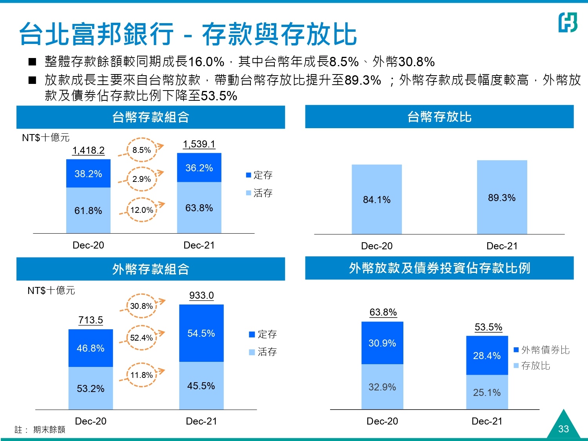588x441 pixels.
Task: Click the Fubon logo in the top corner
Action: [568, 22]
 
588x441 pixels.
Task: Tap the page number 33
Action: [563, 428]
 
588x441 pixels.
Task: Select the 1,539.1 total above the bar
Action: [199, 144]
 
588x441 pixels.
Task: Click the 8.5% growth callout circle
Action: [142, 150]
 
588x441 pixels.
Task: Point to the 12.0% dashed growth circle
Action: [142, 210]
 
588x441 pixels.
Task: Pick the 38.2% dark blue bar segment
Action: [88, 174]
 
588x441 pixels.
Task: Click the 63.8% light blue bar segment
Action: [199, 208]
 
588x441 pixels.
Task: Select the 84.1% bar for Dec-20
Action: [377, 200]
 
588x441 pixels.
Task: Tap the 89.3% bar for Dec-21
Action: [502, 198]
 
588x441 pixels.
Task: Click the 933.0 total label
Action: [201, 296]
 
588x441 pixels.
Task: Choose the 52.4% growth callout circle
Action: [142, 338]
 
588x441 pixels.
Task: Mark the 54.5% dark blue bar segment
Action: [201, 333]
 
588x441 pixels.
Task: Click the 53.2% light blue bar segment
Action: [91, 388]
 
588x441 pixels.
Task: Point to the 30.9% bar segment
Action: [382, 343]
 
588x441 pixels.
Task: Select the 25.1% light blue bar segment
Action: [487, 392]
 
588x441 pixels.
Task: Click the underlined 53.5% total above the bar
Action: [488, 327]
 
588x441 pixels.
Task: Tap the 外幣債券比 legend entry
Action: [542, 350]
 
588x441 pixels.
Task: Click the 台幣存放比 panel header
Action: [439, 117]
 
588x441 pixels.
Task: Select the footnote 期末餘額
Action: [49, 430]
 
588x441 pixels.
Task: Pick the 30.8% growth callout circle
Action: [142, 306]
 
